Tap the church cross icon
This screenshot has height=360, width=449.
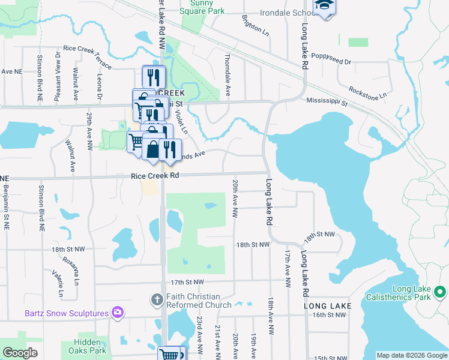(x=156, y=298)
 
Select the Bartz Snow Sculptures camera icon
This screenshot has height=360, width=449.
(x=118, y=313)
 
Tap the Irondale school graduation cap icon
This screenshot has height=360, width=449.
(x=325, y=5)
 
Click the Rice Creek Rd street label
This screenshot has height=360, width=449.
(x=155, y=176)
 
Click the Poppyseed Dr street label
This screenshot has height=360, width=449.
(x=331, y=62)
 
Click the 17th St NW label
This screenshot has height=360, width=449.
(x=187, y=281)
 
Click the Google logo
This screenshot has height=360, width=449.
(x=20, y=353)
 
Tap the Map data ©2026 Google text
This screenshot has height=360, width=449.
(x=412, y=355)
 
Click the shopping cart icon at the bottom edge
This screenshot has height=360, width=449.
(x=170, y=354)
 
